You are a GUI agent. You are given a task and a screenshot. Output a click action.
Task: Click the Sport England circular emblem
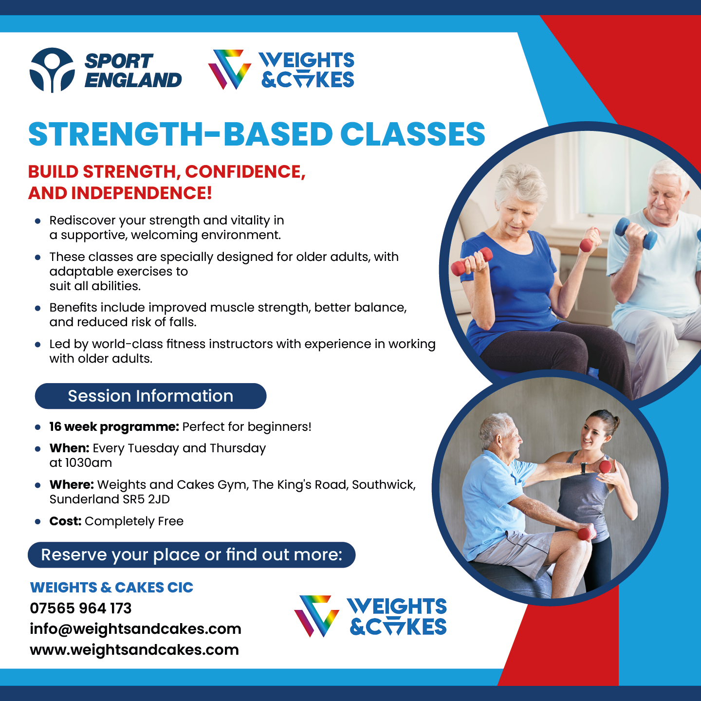[52, 70]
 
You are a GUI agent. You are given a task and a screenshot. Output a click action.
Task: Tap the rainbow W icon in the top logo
[230, 69]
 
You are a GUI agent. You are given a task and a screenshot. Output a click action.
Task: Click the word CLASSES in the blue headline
[413, 134]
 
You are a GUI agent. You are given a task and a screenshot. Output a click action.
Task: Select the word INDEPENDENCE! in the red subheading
[142, 193]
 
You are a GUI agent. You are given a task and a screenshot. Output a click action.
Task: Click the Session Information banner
[150, 396]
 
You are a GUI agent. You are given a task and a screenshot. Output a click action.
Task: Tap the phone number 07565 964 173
[81, 608]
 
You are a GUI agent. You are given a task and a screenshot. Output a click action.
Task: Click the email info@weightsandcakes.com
[136, 629]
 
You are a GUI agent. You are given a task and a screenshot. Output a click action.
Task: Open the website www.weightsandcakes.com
[134, 650]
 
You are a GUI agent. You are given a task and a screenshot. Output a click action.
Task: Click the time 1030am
[89, 463]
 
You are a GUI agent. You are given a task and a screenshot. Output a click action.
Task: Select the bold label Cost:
[66, 521]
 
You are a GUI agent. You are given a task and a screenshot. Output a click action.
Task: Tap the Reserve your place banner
[192, 555]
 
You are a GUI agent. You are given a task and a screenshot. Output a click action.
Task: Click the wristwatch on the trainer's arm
[584, 467]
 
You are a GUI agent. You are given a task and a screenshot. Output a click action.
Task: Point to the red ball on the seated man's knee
[584, 534]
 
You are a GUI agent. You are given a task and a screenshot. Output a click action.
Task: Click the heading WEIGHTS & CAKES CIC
[111, 588]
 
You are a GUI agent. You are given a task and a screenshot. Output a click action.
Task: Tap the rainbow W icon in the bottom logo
[316, 616]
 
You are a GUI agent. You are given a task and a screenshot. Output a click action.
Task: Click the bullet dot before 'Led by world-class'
[37, 344]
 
